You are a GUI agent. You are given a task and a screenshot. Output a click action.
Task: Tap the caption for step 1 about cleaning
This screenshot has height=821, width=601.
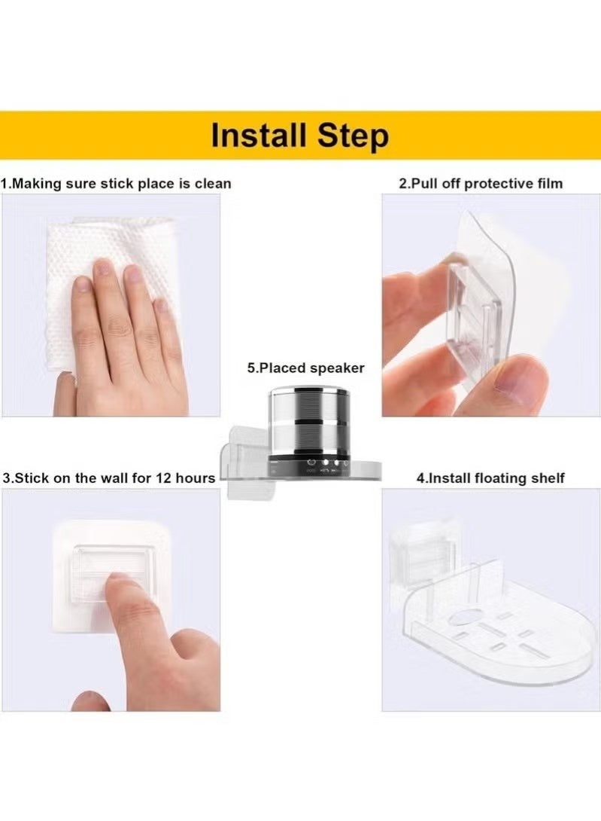pos(117,183)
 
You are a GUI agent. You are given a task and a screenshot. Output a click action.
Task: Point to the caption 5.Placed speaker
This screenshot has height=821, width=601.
pos(305,368)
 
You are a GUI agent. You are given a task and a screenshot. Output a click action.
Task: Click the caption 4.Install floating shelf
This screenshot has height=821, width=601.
pos(490,478)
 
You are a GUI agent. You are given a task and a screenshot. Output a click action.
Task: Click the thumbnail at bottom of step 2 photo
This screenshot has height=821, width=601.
pos(519,384)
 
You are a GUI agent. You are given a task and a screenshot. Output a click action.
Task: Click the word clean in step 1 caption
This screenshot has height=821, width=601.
pos(214,183)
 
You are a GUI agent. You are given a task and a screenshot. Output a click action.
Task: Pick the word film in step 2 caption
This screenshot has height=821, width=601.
pos(549,183)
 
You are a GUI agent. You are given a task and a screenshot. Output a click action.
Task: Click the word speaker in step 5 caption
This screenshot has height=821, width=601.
pos(338,368)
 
